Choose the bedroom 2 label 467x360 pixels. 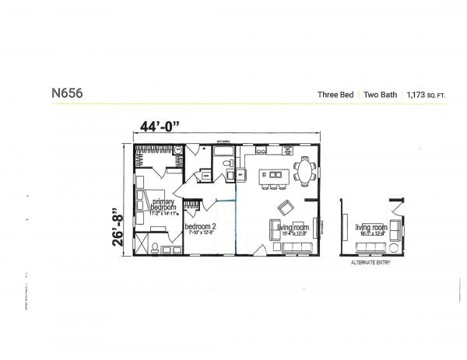click(200, 228)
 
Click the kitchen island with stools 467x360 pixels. click(272, 178)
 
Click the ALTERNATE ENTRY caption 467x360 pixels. click(370, 263)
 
